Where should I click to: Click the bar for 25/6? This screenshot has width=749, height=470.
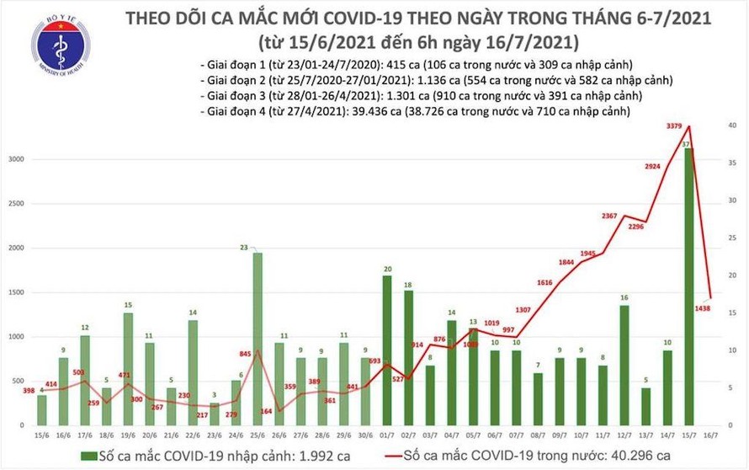(258, 337)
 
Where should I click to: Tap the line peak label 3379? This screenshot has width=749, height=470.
(675, 127)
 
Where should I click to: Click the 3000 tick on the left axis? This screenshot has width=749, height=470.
(15, 159)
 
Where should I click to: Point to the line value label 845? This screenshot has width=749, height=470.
(246, 354)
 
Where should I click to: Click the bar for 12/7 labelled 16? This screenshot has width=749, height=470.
(623, 363)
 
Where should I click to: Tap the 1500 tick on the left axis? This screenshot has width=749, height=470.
(15, 292)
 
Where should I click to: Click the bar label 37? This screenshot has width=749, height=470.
(688, 144)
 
